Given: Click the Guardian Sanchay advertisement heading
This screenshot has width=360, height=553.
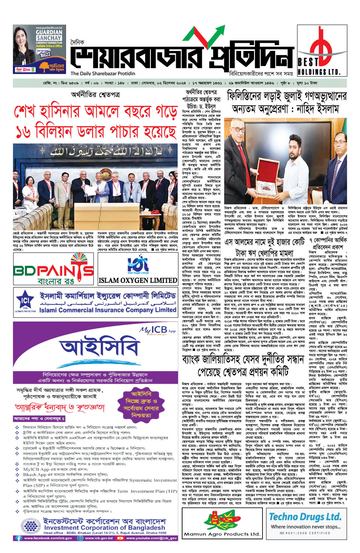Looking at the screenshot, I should tap(49, 35).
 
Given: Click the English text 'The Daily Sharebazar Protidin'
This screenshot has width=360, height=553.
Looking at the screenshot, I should tap(102, 74).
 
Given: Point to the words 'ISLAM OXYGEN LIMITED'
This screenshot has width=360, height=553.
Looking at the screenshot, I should tap(138, 281).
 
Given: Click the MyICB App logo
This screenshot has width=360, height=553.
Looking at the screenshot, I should tap(157, 330).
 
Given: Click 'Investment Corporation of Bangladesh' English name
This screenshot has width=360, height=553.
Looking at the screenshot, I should tap(104, 527).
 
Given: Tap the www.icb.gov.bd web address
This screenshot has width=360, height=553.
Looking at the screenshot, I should tap(99, 538).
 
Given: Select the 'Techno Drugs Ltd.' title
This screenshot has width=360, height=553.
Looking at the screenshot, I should tap(305, 517).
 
